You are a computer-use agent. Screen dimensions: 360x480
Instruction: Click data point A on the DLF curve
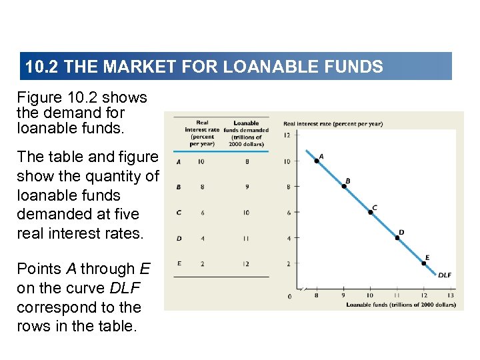click(x=317, y=160)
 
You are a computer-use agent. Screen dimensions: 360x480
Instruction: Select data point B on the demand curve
click(x=344, y=186)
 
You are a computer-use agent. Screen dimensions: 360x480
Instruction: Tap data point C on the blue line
click(x=371, y=212)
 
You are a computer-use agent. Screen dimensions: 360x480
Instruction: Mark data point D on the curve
click(x=398, y=237)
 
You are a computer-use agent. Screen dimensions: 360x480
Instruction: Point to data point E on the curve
click(x=424, y=263)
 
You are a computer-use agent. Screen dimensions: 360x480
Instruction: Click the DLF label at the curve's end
click(x=444, y=275)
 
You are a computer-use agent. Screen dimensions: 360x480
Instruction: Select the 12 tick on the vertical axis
click(x=287, y=135)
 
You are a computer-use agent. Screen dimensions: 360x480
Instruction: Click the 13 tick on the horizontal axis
click(x=451, y=295)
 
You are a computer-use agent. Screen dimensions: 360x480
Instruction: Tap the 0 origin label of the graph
click(x=289, y=296)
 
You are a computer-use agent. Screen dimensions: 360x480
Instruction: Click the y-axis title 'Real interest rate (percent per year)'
click(x=333, y=123)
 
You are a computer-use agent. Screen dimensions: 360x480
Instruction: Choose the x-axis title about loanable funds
click(x=401, y=305)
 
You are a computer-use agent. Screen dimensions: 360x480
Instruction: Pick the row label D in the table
click(x=179, y=238)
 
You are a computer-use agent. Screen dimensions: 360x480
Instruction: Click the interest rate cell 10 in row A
click(x=201, y=161)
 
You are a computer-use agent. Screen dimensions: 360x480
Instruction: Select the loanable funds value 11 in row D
click(x=246, y=238)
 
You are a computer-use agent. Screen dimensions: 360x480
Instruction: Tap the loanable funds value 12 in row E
click(x=246, y=264)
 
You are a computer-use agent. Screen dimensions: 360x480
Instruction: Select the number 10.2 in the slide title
click(x=39, y=67)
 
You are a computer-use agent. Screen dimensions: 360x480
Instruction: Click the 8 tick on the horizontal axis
click(x=316, y=295)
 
